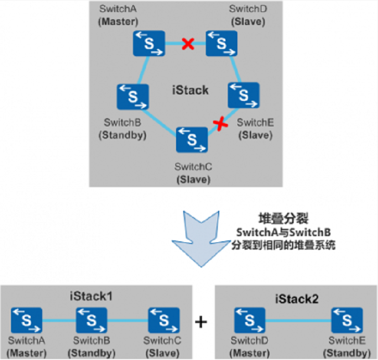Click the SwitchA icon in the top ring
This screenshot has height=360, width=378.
point(148,44)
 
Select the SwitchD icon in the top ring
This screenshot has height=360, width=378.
point(222,44)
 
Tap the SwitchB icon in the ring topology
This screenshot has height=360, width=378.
point(133,96)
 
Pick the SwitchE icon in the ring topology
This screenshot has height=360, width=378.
point(244,96)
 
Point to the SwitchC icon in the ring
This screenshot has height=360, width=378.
point(192,139)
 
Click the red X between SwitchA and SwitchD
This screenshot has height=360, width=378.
point(188,44)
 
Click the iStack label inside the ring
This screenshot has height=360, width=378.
point(190,90)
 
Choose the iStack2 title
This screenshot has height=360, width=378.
point(295,299)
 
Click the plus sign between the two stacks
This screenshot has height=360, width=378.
point(201,322)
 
